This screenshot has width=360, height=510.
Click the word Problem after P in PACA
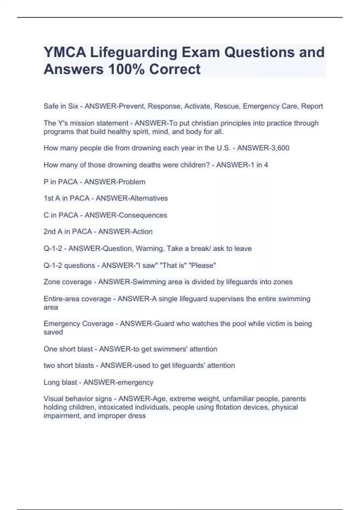[x=132, y=182]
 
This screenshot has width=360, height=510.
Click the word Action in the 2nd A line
[x=143, y=232]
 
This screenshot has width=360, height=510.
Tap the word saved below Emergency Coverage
[x=53, y=332]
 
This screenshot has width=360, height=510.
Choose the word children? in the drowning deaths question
[x=195, y=165]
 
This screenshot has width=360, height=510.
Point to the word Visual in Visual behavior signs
[x=53, y=399]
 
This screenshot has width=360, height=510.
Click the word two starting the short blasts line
[x=49, y=366]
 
